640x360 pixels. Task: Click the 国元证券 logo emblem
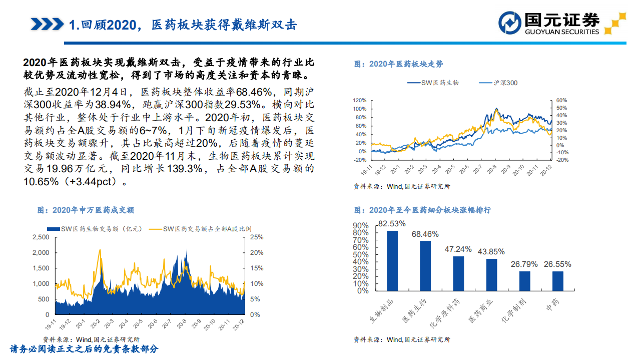click(510, 23)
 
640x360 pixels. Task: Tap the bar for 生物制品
click(392, 260)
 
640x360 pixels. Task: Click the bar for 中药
click(557, 281)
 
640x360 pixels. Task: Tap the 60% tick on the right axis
click(561, 100)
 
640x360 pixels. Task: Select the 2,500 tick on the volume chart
click(41, 237)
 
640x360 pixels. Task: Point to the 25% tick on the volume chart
click(256, 237)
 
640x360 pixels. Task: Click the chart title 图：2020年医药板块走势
click(398, 64)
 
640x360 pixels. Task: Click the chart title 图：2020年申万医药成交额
click(86, 210)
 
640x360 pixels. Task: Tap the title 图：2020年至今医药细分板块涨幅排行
click(422, 210)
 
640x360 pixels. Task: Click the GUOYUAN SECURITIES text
click(561, 32)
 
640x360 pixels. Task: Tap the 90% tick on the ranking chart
click(361, 225)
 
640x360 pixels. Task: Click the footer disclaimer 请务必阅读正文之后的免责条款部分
click(84, 349)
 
